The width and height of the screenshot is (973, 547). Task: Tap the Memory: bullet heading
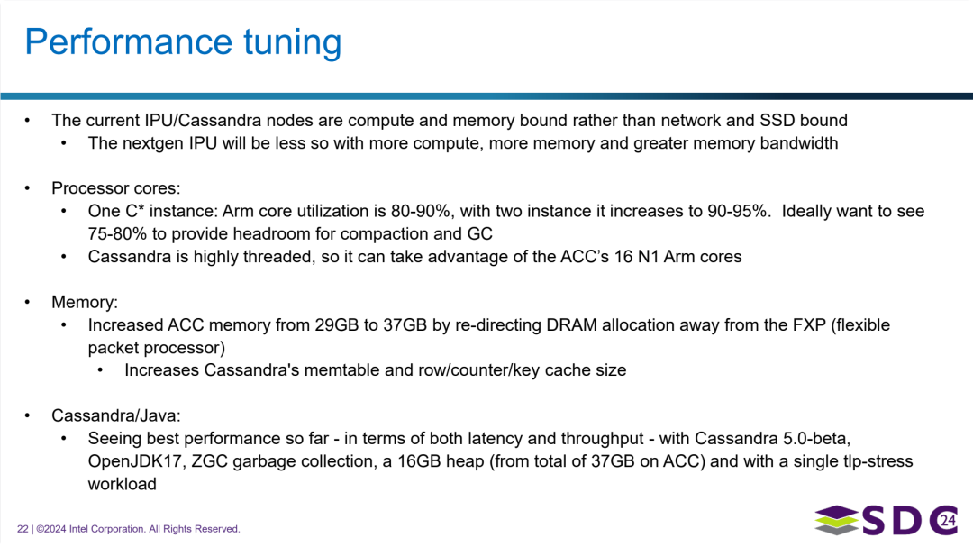click(x=85, y=303)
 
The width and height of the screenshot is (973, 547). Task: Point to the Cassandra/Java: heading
click(x=116, y=415)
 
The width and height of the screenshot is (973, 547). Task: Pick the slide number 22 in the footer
click(x=23, y=529)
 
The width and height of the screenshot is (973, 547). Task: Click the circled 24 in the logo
click(x=945, y=519)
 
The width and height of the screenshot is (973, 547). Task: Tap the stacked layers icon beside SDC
click(x=837, y=521)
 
